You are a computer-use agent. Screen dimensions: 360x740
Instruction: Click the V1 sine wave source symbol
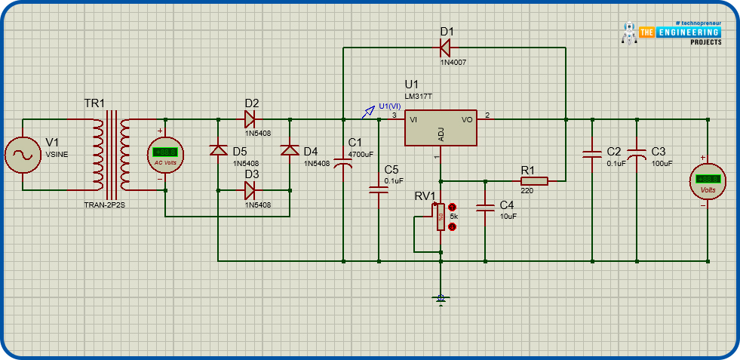tap(23, 155)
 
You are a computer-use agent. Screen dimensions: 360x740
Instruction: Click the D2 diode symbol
tap(250, 118)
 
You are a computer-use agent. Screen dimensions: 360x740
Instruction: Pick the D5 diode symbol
tap(218, 149)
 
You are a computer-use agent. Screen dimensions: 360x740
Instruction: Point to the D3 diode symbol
tap(250, 190)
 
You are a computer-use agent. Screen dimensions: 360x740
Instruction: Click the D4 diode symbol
tap(290, 149)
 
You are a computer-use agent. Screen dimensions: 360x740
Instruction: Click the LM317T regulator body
tap(441, 128)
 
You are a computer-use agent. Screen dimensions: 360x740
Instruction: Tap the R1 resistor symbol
tap(533, 181)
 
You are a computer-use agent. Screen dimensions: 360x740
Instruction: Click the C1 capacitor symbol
tap(344, 158)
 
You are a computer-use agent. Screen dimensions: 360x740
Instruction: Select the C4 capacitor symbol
tap(486, 207)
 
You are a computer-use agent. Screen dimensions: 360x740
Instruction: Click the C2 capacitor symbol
tap(591, 155)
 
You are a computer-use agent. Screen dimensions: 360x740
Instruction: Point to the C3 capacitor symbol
tap(637, 155)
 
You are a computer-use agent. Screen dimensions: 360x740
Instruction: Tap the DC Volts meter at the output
tap(708, 182)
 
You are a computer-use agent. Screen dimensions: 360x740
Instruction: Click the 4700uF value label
tap(361, 155)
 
